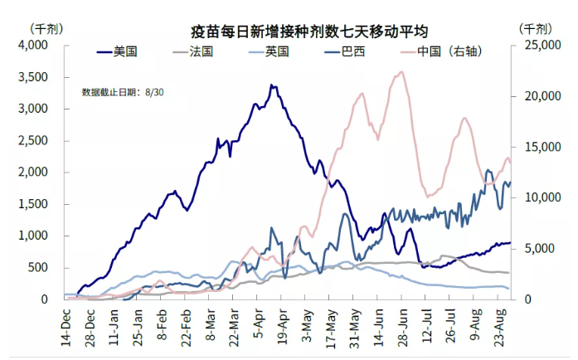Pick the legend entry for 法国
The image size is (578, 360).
coord(202,51)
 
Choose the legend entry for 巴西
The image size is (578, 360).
coord(352,51)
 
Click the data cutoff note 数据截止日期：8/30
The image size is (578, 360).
coord(123,92)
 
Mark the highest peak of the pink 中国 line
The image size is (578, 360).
coord(401,72)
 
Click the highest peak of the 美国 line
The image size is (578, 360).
coord(271,85)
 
